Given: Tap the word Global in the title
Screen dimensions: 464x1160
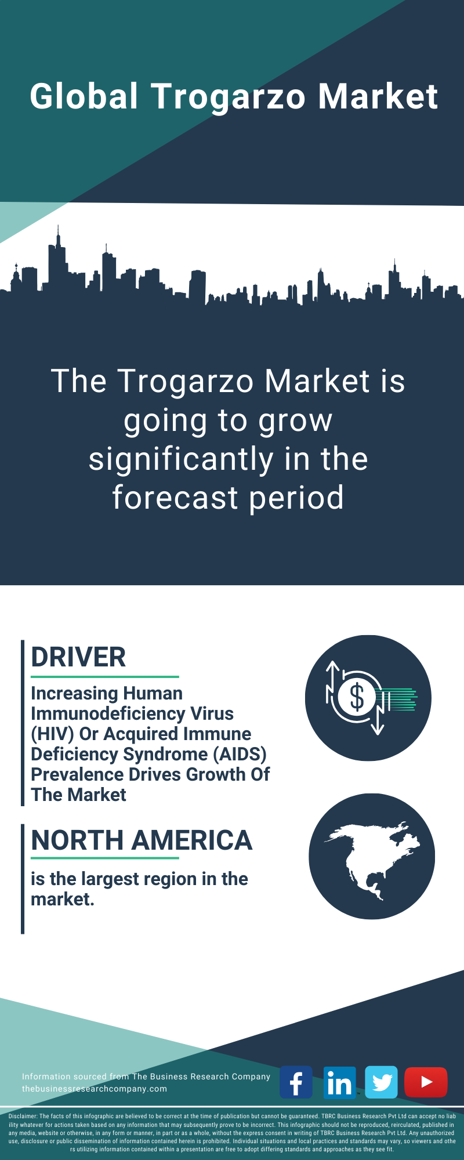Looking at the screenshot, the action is [x=85, y=96].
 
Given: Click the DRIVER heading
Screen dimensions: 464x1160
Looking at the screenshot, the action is [x=78, y=657].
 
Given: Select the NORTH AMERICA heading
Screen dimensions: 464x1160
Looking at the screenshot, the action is [x=142, y=840].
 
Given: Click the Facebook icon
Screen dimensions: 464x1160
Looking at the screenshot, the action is [x=296, y=1082].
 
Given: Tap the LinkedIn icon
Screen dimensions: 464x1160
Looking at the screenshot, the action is [x=339, y=1082].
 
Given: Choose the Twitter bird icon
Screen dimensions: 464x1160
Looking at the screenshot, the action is [x=382, y=1082].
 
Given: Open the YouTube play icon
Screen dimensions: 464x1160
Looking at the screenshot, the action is [x=426, y=1082].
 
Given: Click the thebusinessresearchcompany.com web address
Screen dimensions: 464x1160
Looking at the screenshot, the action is [x=95, y=1089].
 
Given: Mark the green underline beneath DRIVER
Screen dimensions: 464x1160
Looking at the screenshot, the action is [x=105, y=676].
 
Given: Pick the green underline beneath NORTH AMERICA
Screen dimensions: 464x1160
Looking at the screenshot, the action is [x=105, y=858].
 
